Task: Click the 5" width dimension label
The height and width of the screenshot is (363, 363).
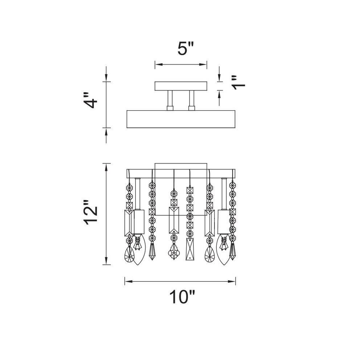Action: [185, 48]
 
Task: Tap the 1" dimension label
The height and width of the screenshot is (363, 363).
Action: [238, 82]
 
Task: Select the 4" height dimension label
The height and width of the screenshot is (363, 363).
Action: [90, 100]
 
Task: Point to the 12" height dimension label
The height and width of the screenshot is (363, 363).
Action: [90, 212]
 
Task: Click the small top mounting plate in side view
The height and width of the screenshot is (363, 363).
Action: [181, 86]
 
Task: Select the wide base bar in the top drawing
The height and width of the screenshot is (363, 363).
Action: [181, 119]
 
